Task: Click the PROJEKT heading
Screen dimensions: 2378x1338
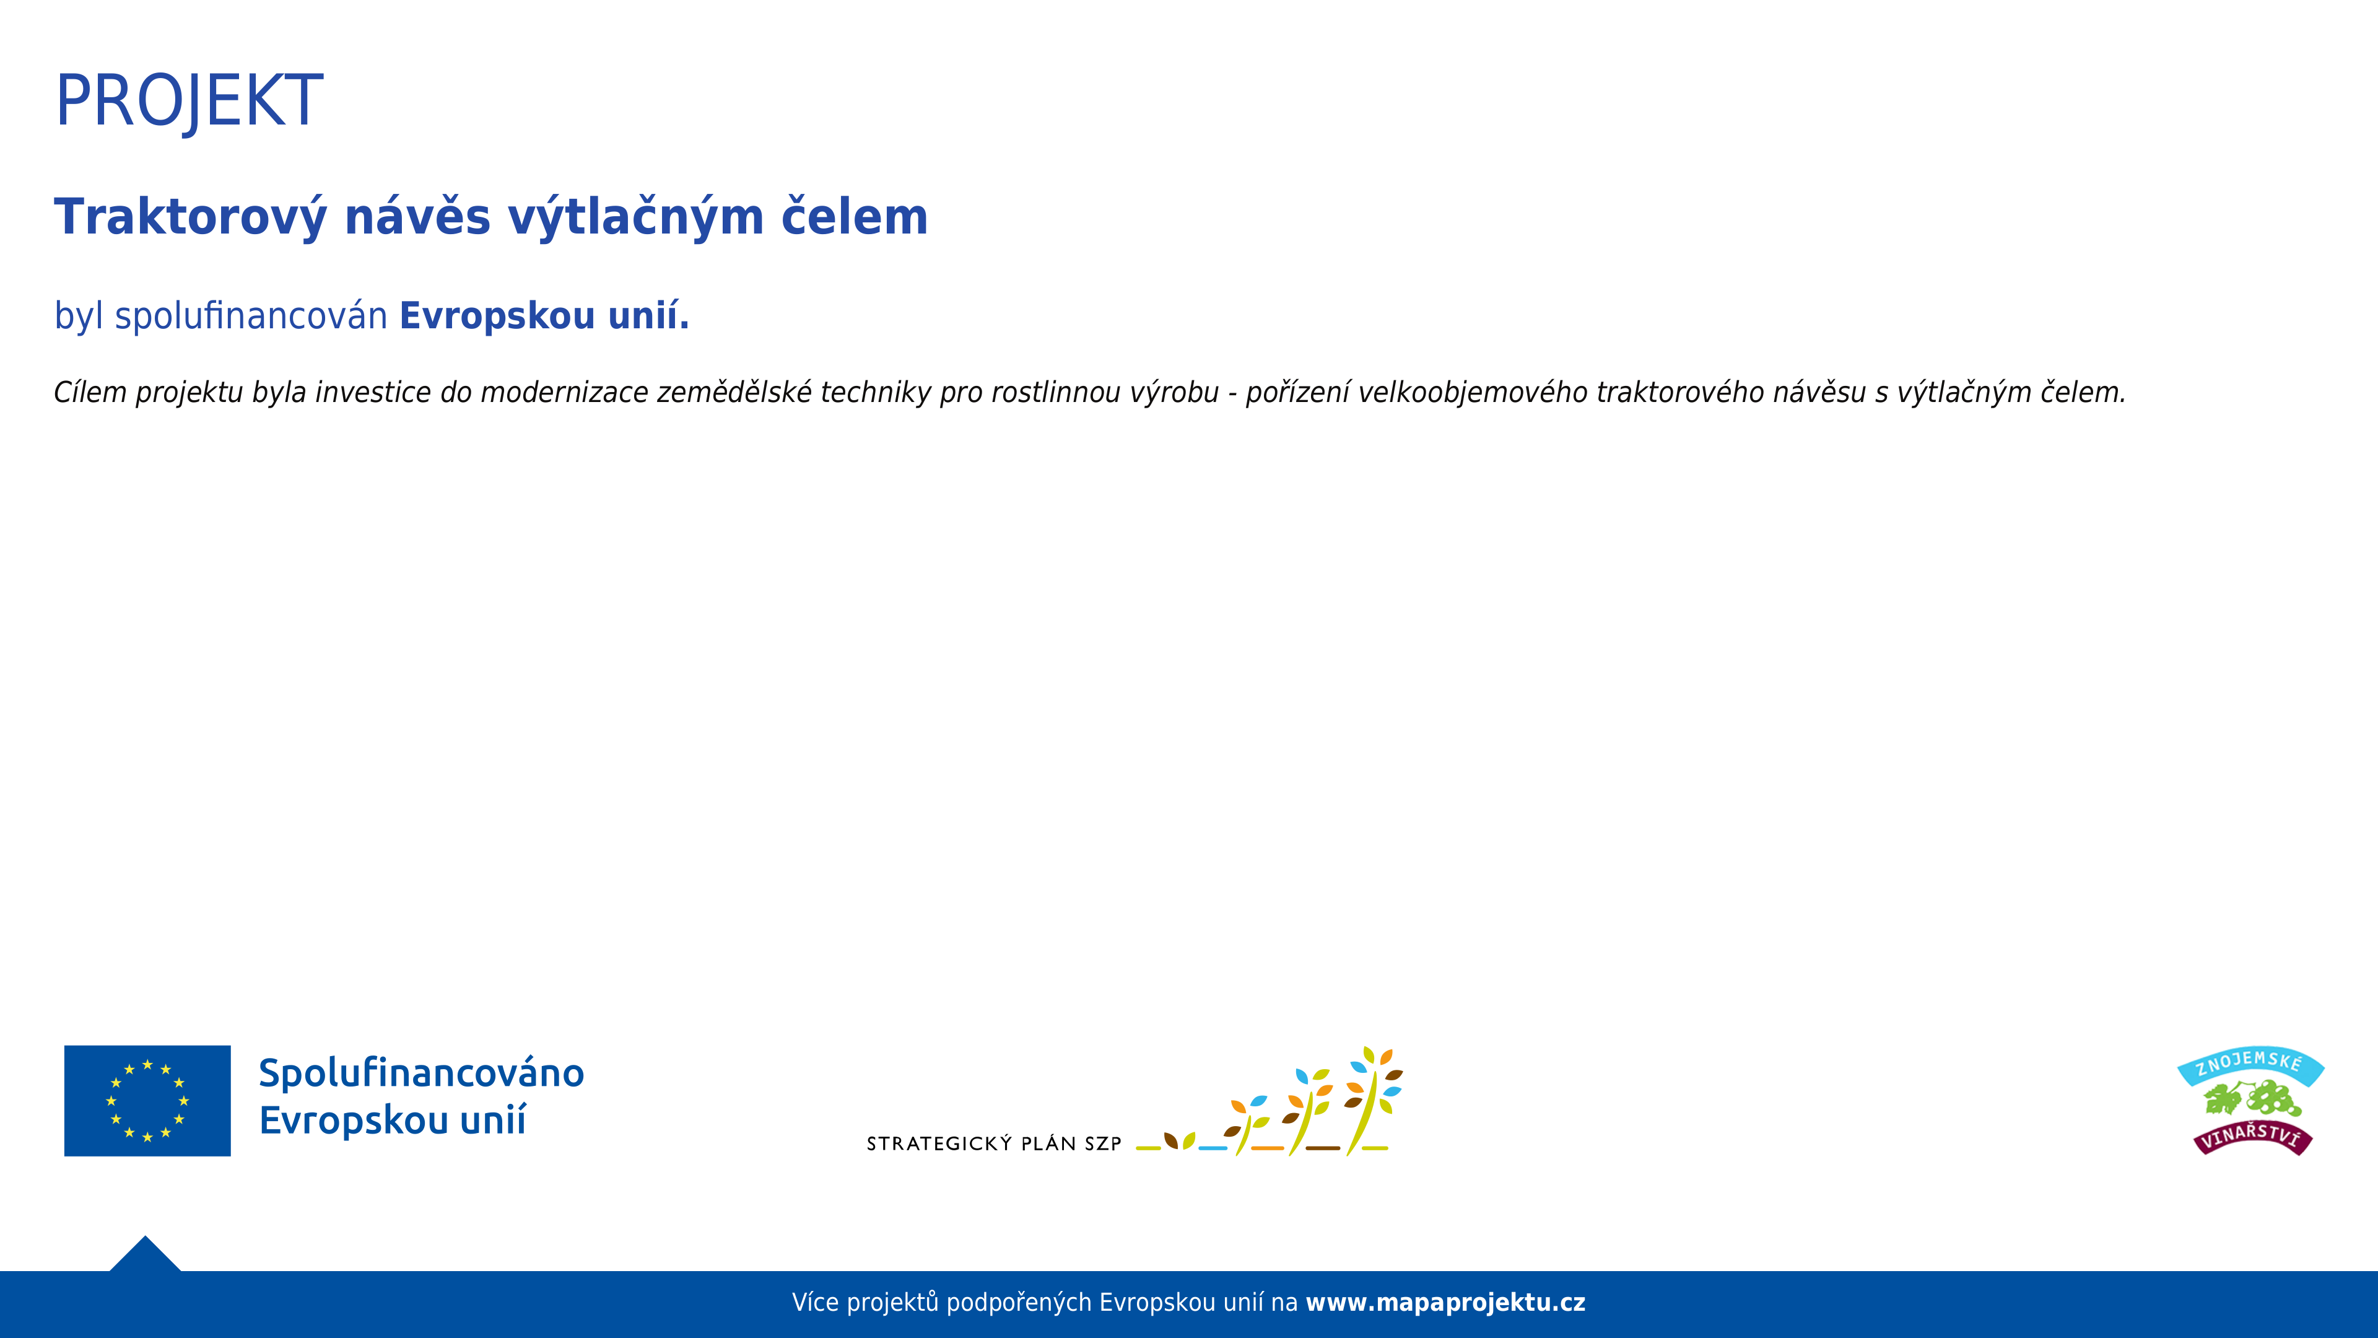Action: point(189,102)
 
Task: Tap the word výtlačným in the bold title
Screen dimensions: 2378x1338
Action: point(636,218)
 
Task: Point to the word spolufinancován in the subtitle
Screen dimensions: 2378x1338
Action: point(251,316)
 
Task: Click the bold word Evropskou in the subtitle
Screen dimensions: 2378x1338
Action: point(497,316)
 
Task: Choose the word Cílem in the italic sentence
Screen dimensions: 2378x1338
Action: point(90,393)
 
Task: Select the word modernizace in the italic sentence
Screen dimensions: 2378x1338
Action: point(565,393)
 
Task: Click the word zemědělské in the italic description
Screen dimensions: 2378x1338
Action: point(735,393)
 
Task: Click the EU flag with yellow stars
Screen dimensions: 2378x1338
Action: point(148,1101)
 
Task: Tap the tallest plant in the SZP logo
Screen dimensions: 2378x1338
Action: point(1373,1101)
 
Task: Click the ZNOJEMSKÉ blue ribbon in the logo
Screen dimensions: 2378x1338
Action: point(2250,1065)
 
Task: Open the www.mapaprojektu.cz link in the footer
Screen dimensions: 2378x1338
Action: point(1445,1303)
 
